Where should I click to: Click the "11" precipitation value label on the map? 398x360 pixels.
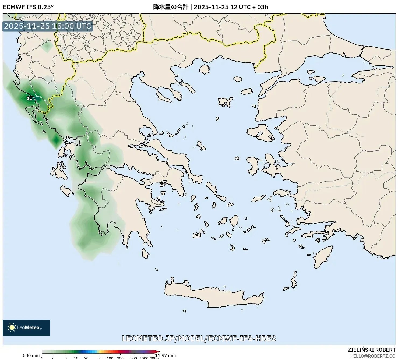click(x=30, y=98)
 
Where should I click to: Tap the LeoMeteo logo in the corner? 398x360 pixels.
click(x=26, y=327)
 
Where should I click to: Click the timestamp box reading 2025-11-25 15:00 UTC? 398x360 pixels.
click(x=48, y=26)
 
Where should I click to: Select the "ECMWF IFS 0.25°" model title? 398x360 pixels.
click(x=28, y=7)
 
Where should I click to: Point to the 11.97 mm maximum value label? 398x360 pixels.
click(x=165, y=355)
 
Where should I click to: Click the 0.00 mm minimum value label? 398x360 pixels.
click(x=30, y=355)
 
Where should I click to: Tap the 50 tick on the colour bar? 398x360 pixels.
click(x=100, y=358)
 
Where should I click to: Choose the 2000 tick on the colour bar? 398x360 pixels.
click(x=154, y=358)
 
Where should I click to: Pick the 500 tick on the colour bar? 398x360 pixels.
click(x=134, y=358)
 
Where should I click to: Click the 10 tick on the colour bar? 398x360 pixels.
click(x=76, y=358)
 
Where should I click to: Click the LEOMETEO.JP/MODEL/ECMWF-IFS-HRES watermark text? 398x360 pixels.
click(x=199, y=338)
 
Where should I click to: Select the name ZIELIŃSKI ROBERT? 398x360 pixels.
click(x=372, y=350)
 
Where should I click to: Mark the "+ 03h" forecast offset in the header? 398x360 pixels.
click(x=260, y=7)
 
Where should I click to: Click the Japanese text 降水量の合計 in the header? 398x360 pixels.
click(x=171, y=7)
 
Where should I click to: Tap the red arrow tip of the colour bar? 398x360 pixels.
click(x=157, y=351)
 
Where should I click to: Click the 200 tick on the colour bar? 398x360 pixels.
click(x=120, y=358)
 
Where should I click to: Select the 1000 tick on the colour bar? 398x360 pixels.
click(x=144, y=358)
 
